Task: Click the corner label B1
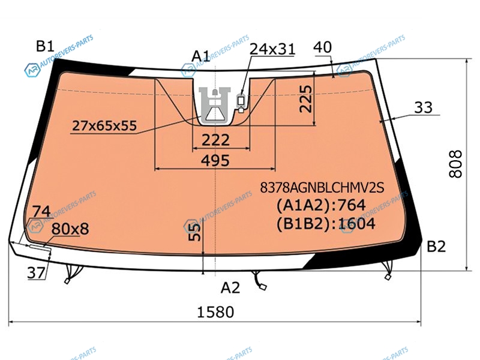46,46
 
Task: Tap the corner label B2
436,246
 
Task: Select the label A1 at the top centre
201,56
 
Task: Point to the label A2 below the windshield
230,288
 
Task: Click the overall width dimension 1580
215,312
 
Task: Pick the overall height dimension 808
455,164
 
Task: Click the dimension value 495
215,160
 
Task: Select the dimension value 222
215,140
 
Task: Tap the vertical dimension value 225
305,98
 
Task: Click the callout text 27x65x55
104,125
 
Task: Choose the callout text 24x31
272,49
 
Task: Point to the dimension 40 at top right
323,47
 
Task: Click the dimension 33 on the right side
424,107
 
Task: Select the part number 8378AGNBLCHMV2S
322,187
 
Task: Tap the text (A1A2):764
321,205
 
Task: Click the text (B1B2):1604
326,224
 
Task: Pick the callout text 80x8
70,229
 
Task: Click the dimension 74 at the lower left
41,212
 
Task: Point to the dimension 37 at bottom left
36,272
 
